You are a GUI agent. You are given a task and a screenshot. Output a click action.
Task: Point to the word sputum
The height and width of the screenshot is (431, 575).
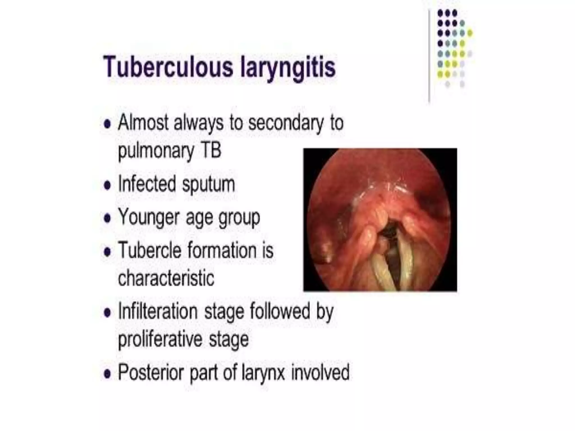208,184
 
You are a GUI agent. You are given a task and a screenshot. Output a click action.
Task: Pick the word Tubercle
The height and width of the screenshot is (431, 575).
150,250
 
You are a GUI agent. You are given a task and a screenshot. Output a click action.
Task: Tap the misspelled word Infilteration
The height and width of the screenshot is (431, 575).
158,311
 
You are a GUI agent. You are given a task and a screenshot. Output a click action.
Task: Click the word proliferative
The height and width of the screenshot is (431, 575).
160,339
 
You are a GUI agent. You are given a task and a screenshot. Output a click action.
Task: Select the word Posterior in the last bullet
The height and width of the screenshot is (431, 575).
151,372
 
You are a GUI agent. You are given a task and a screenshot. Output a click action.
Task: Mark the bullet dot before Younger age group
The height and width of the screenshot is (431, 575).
107,218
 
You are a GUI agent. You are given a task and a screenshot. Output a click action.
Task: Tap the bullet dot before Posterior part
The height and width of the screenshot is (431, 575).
107,373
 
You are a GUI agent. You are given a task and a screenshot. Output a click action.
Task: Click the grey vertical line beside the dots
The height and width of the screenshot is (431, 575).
429,56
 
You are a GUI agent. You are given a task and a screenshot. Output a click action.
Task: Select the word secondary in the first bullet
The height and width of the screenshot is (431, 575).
286,123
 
